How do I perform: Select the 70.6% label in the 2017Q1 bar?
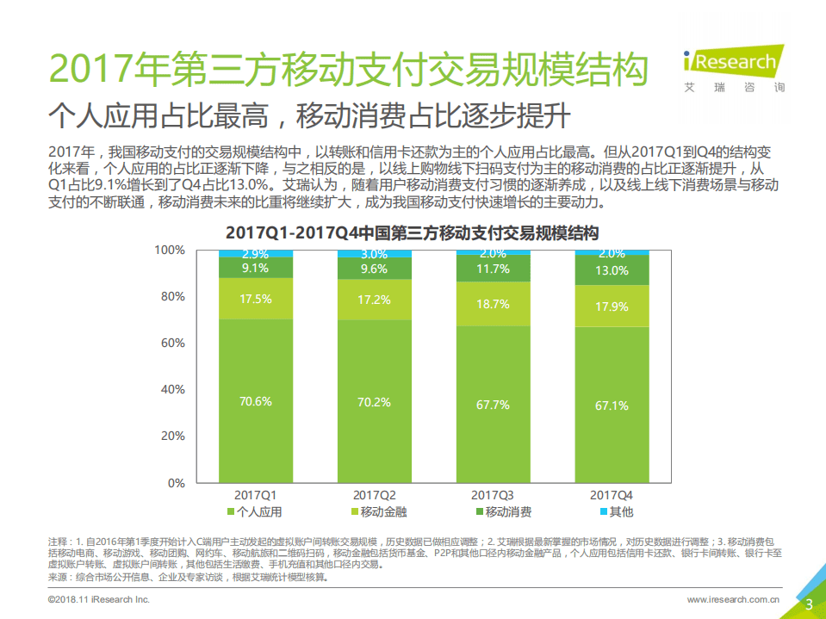click(255, 400)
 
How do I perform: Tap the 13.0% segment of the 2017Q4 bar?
click(612, 270)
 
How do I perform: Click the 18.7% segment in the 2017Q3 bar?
click(493, 304)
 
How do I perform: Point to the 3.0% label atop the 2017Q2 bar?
click(374, 254)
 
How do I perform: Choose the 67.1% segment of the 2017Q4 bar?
click(612, 405)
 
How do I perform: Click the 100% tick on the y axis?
click(169, 250)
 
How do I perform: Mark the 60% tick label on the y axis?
click(171, 343)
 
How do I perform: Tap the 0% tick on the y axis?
click(175, 482)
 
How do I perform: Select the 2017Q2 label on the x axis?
click(374, 495)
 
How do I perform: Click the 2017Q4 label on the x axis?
click(612, 495)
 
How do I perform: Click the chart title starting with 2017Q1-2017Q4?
click(412, 232)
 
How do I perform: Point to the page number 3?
click(809, 604)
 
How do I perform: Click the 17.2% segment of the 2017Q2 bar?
click(374, 300)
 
